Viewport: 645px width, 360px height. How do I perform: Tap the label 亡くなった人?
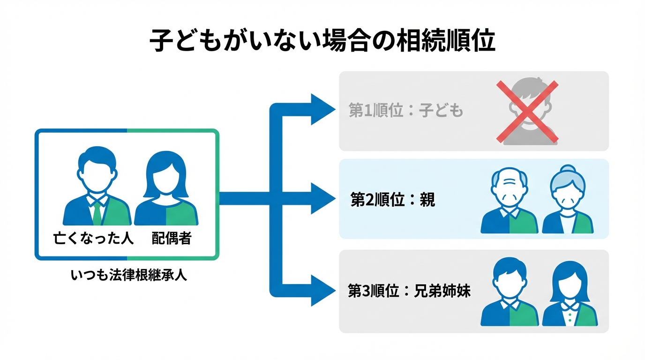point(94,238)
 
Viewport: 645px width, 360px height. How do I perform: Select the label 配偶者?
point(172,238)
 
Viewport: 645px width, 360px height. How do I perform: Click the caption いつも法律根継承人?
point(129,275)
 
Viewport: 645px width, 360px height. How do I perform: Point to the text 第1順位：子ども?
point(406,111)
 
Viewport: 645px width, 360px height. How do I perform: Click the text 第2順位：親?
point(393,200)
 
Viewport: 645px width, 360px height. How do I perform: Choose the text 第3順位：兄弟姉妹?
point(409,291)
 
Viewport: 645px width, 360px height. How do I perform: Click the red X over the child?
point(527,111)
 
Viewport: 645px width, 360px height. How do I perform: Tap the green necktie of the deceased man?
point(97,213)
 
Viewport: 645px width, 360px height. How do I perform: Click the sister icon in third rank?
point(570,293)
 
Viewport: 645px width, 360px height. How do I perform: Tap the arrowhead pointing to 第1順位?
point(322,110)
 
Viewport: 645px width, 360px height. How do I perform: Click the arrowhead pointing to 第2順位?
point(322,199)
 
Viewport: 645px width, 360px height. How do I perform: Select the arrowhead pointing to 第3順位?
point(322,291)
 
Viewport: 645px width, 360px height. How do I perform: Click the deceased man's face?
point(97,173)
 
